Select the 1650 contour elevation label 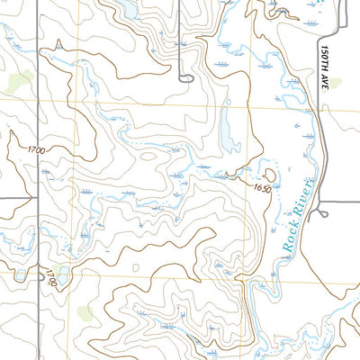click(262, 187)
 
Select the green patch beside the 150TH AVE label click(335, 83)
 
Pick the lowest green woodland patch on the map click(85, 313)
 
